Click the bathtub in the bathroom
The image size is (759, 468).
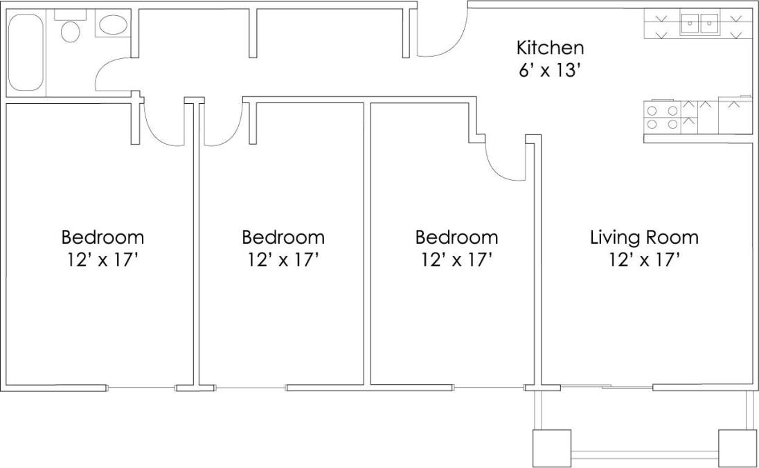[x=26, y=53]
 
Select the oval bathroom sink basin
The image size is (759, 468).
[x=113, y=26]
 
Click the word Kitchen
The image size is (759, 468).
[x=550, y=48]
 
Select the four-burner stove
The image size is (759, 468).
[x=662, y=116]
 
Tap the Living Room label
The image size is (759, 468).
[x=644, y=237]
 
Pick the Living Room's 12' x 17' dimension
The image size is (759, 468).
[x=644, y=260]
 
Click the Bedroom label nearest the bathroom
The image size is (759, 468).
[x=102, y=237]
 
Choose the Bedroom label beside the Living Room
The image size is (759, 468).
[x=456, y=237]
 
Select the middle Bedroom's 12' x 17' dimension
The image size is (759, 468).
[x=283, y=260]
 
